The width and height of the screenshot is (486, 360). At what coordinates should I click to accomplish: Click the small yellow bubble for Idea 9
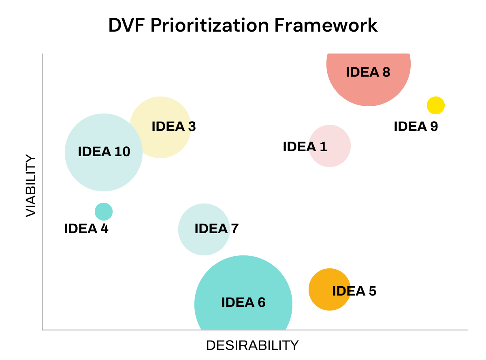point(436,105)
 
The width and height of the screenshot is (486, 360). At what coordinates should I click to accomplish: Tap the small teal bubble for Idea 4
point(104,211)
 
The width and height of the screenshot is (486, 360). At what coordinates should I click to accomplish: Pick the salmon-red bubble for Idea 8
point(369,89)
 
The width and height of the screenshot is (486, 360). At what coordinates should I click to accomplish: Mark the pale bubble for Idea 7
point(204,243)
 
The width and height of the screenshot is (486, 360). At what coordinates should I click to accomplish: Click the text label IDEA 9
point(416,126)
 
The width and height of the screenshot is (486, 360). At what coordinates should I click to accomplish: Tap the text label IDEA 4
point(86,229)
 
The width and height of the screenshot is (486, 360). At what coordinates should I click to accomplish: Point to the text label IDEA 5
point(354,291)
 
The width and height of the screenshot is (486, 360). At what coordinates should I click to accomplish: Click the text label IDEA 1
point(305,146)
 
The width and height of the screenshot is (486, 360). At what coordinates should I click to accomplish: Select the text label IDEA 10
point(104,152)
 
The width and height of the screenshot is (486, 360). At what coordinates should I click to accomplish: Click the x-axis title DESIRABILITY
point(252,345)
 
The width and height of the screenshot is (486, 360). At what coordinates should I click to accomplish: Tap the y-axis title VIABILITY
point(31,186)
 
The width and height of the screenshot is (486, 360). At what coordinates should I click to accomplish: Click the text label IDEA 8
point(368,72)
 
